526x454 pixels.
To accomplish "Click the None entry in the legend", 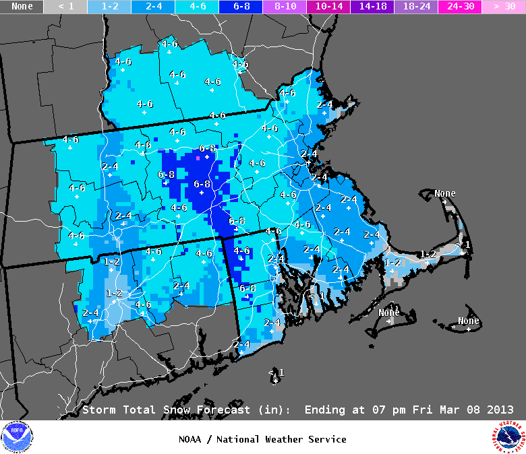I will (x=22, y=7).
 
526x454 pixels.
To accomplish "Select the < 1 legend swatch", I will (x=65, y=7).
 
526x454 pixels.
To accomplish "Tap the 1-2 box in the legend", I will (x=109, y=7).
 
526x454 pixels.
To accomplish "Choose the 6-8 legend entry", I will (x=241, y=7).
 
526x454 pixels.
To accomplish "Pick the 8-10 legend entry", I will (x=285, y=7).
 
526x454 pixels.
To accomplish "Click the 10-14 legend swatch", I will (x=328, y=7).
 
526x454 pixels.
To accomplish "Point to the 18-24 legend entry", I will (x=416, y=7).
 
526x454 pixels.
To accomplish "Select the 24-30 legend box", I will (x=460, y=7).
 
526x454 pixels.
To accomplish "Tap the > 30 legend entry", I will (x=504, y=7).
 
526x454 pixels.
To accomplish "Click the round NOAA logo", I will (x=17, y=438).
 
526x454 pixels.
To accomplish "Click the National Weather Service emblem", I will (x=508, y=438).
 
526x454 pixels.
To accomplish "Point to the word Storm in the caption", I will (x=98, y=410).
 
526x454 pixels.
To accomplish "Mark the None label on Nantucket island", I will (x=468, y=321).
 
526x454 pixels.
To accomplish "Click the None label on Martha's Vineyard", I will (x=389, y=313).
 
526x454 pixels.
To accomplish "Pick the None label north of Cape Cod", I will (x=444, y=193).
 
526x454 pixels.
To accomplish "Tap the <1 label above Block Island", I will (x=276, y=372).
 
